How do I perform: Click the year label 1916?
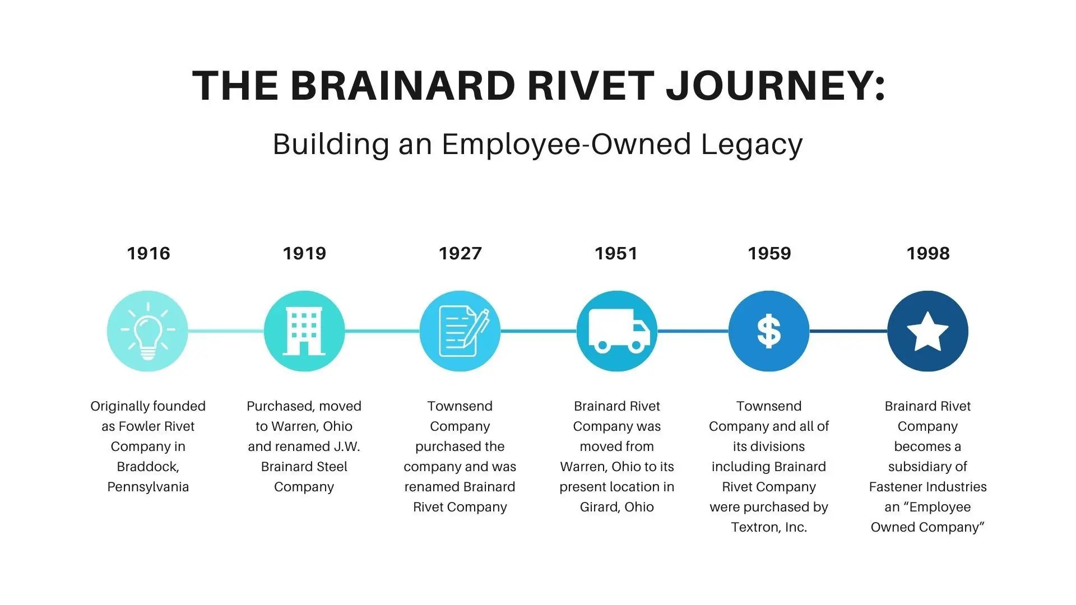point(148,253)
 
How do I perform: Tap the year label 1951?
point(616,253)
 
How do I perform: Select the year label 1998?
point(928,253)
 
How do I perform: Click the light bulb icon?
point(147,331)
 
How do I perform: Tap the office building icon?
point(304,331)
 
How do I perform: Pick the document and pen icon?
point(460,331)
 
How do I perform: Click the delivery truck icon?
point(617,331)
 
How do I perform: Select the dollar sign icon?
point(769,331)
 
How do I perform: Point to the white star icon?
point(927,331)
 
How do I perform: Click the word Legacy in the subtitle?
point(752,145)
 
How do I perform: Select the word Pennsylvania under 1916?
point(148,487)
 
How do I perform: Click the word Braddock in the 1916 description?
point(147,467)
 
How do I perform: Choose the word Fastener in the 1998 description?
point(896,487)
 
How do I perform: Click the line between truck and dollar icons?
point(693,331)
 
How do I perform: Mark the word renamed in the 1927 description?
point(429,487)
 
